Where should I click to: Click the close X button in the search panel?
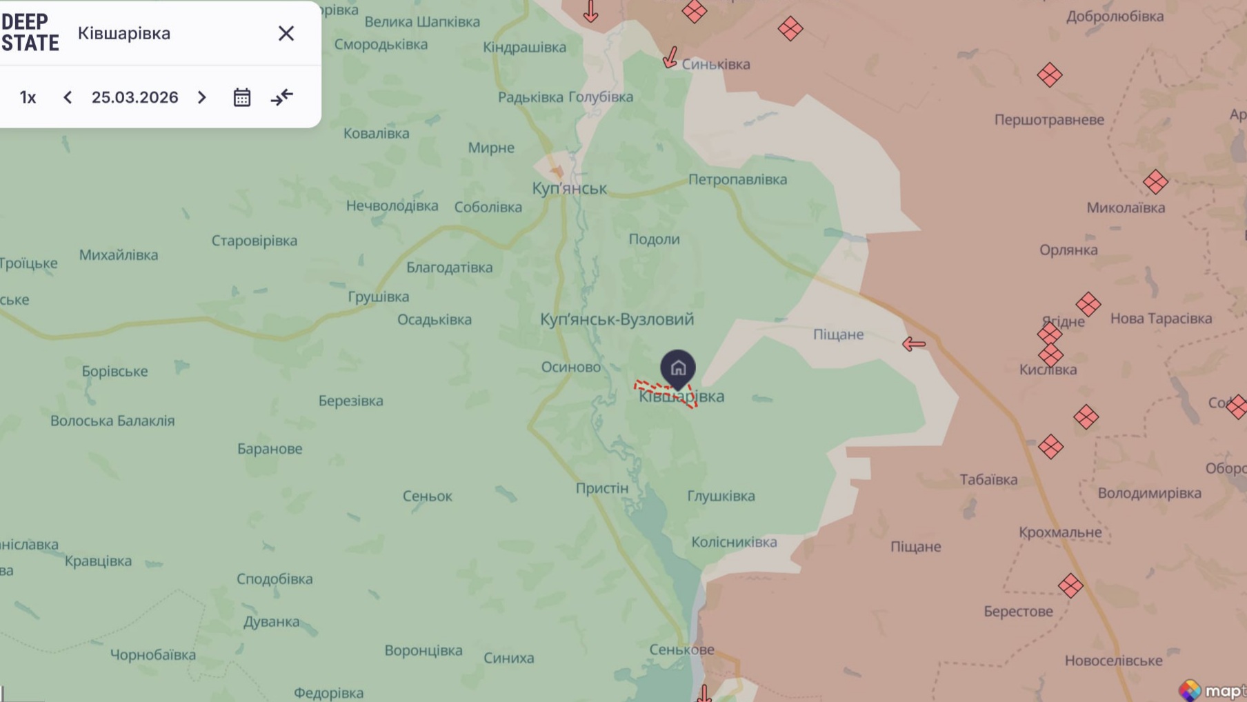coord(286,33)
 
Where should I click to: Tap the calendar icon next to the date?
coord(241,97)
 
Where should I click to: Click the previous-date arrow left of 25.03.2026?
coord(68,97)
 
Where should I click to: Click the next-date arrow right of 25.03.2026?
coord(201,97)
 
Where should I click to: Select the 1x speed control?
coord(28,97)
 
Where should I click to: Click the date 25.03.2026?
coord(134,97)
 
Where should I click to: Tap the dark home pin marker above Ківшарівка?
coord(678,368)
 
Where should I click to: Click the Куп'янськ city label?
coord(569,188)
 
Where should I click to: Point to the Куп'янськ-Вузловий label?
coord(617,319)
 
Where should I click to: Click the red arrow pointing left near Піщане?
coord(914,343)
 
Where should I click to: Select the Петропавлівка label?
coord(737,179)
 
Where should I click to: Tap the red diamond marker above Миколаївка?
coord(1155,182)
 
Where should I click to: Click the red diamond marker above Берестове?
coord(1070,585)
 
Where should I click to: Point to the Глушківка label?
coord(721,496)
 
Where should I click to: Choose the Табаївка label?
coord(988,479)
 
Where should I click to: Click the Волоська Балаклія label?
coord(112,421)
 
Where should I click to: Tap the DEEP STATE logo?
coord(30,32)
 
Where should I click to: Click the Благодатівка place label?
coord(449,268)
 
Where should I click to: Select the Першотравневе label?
coord(1048,120)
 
